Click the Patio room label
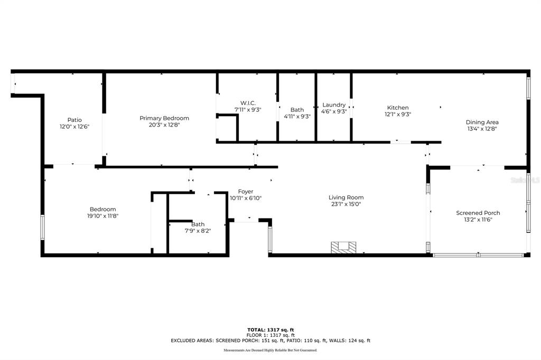74,120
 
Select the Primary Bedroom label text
164,118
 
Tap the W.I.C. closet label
248,103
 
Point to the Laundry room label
334,105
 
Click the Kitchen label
398,108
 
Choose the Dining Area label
482,122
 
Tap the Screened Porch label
478,213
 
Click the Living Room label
346,197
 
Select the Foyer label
246,192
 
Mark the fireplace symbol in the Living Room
343,247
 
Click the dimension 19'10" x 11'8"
102,216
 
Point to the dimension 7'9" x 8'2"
198,231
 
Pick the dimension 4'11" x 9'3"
297,116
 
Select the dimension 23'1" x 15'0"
346,204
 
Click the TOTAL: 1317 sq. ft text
270,330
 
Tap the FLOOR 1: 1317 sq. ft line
270,335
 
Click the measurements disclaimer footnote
270,350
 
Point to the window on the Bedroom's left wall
43,227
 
